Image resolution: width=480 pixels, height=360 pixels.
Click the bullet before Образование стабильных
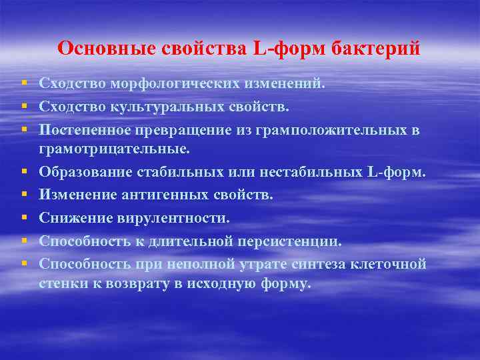(x=23, y=174)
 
